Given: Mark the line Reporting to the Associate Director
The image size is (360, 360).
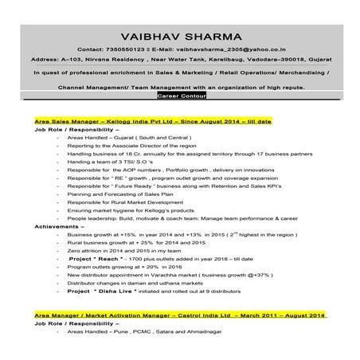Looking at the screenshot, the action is pos(132,144).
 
